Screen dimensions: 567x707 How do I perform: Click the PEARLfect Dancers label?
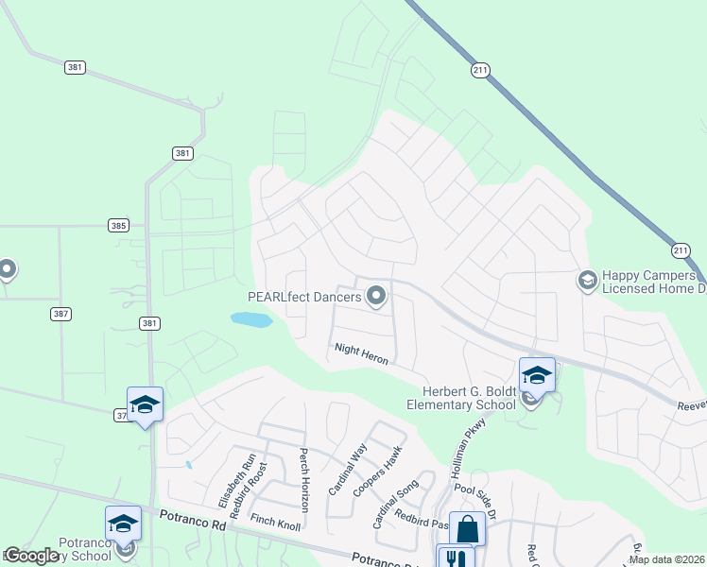[x=304, y=297]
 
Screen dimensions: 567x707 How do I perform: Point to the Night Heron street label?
[x=361, y=355]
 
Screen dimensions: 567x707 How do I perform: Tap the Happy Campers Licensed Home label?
[x=654, y=281]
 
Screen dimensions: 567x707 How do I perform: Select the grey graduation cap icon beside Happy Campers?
[x=587, y=280]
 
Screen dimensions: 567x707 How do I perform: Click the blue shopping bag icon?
[x=468, y=529]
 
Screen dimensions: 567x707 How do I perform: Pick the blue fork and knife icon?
[x=455, y=558]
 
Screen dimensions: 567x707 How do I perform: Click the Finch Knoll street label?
[x=275, y=523]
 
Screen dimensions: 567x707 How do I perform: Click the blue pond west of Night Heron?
[x=251, y=320]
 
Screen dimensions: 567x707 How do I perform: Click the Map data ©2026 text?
[x=666, y=559]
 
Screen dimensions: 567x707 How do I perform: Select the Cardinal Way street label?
[x=339, y=472]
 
